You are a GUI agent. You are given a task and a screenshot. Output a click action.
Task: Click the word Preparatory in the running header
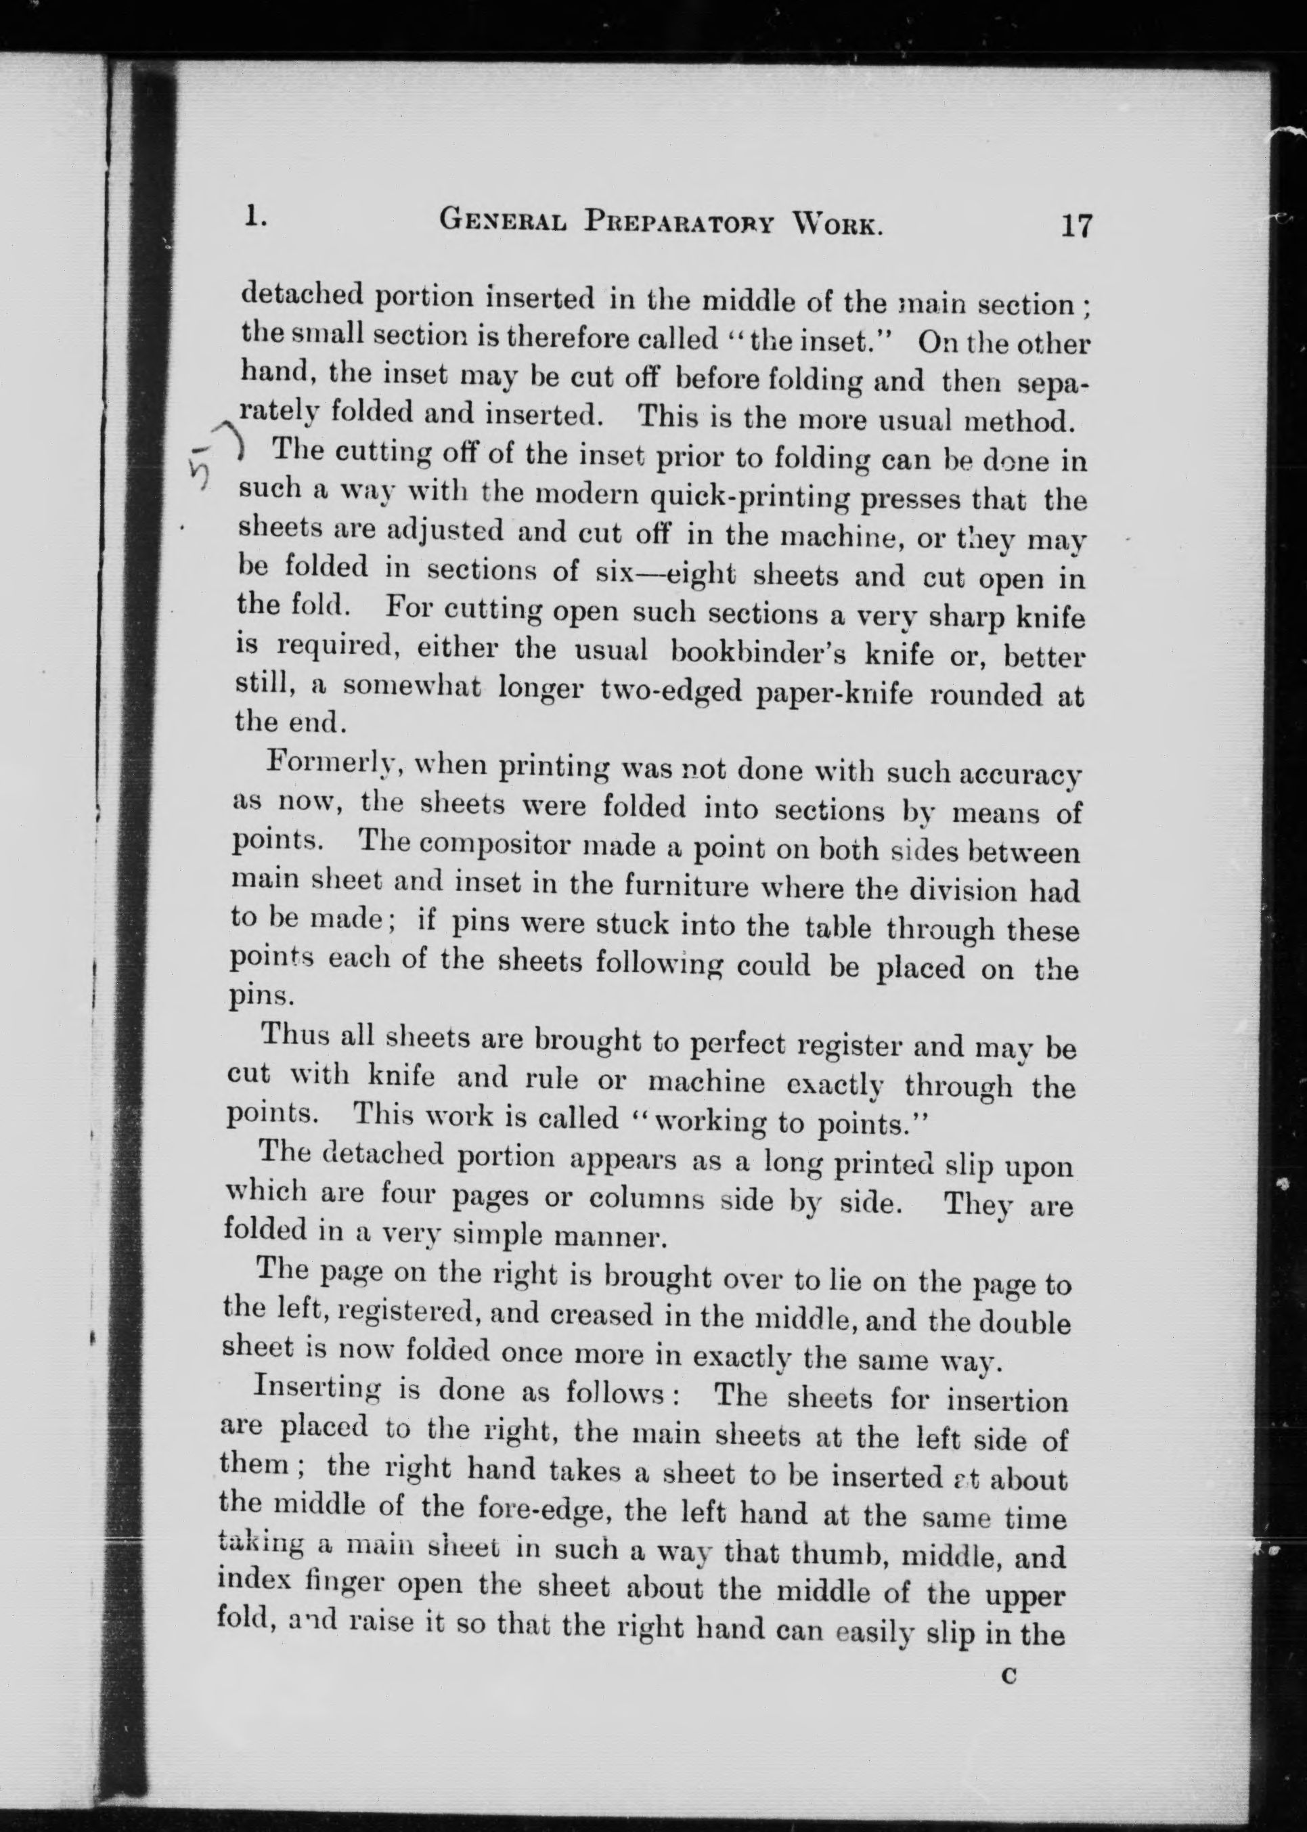click(680, 220)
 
